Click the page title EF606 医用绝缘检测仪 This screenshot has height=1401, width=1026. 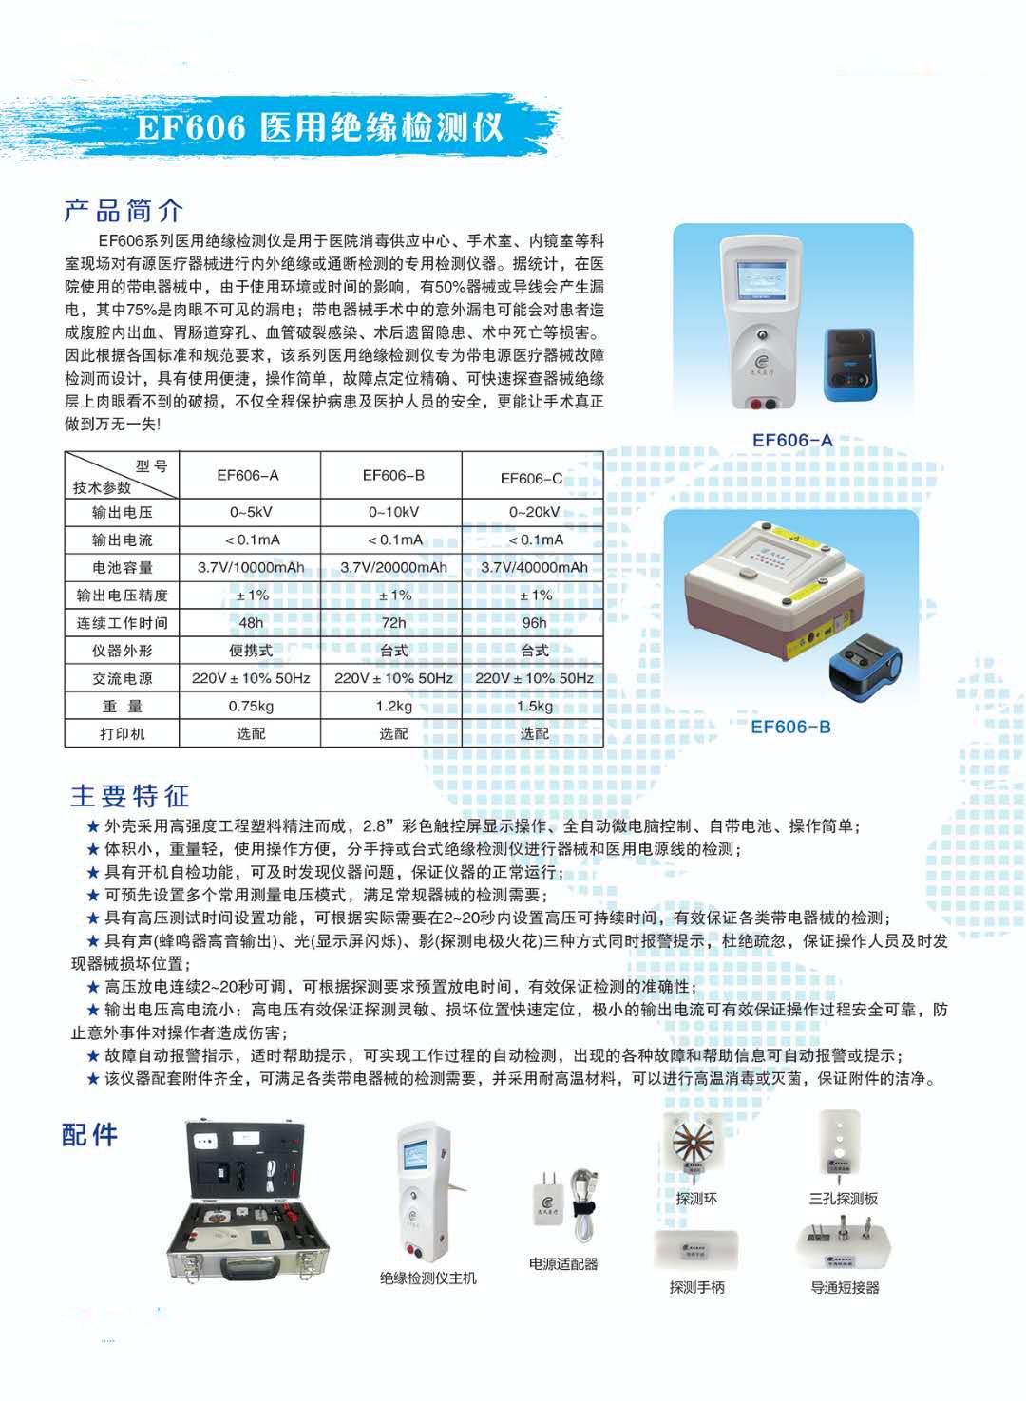319,127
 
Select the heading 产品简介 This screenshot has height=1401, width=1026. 123,211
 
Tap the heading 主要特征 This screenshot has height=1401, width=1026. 129,796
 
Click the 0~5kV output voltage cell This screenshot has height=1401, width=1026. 251,512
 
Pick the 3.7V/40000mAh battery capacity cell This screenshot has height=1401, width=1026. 534,567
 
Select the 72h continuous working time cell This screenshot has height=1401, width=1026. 393,623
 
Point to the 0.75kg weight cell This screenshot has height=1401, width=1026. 251,706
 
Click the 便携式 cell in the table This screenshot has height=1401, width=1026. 251,651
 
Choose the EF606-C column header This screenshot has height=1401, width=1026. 532,479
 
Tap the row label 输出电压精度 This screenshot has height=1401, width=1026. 122,596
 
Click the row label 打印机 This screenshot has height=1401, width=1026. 122,733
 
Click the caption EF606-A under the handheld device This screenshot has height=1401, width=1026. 792,441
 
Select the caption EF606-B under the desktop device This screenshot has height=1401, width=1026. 790,727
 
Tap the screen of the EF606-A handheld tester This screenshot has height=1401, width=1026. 760,281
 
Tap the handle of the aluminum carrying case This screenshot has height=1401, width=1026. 250,1266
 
